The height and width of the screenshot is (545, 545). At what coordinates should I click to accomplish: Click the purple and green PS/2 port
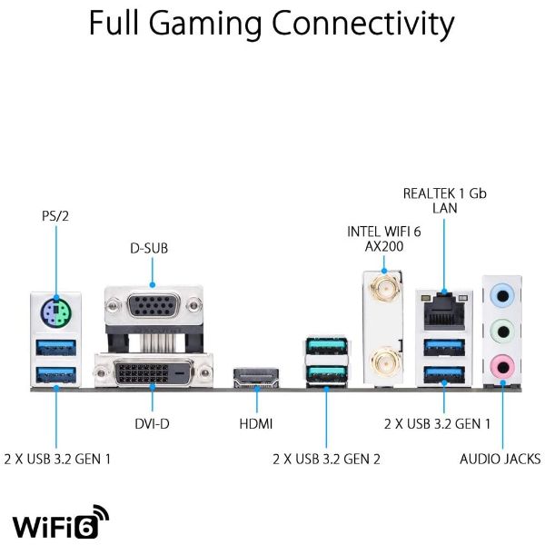point(56,313)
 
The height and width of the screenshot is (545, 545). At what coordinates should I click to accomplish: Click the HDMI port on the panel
point(257,377)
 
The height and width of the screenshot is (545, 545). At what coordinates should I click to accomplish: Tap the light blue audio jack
point(502,296)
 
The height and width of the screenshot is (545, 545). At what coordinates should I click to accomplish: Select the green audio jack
point(502,330)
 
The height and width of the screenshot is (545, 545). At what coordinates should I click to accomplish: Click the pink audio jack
point(502,364)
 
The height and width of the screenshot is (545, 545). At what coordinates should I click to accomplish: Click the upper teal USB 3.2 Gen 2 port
point(324,349)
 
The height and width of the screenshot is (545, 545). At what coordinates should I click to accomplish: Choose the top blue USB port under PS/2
point(56,348)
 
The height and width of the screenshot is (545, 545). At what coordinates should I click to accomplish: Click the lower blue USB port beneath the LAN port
point(443,372)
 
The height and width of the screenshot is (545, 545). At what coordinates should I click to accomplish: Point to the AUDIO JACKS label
point(500,459)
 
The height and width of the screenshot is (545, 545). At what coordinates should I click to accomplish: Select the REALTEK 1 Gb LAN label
point(445,201)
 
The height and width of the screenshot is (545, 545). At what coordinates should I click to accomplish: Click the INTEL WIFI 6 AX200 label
point(384,239)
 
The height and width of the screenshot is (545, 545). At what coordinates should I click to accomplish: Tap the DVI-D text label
point(152,424)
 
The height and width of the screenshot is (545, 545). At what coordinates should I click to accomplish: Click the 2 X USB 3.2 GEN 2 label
point(326,459)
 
